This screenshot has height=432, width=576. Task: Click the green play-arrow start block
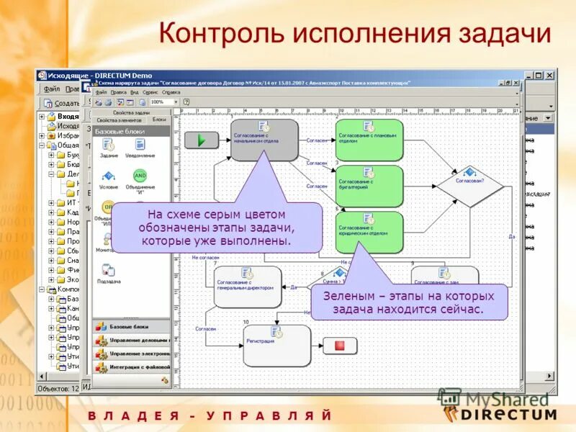tap(201, 140)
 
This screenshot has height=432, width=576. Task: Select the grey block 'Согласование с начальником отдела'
tap(264, 140)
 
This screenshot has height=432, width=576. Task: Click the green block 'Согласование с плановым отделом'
tap(369, 140)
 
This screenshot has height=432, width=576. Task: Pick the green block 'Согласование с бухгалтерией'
tap(369, 185)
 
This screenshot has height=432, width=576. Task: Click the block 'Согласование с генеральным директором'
tap(247, 286)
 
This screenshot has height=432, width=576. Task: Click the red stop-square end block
tap(340, 346)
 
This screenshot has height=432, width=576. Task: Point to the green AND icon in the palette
tap(140, 175)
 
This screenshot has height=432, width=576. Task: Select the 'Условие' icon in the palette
tap(109, 176)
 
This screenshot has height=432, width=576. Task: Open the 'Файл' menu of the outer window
tap(52, 89)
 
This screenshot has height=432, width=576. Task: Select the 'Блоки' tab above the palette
tap(159, 120)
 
